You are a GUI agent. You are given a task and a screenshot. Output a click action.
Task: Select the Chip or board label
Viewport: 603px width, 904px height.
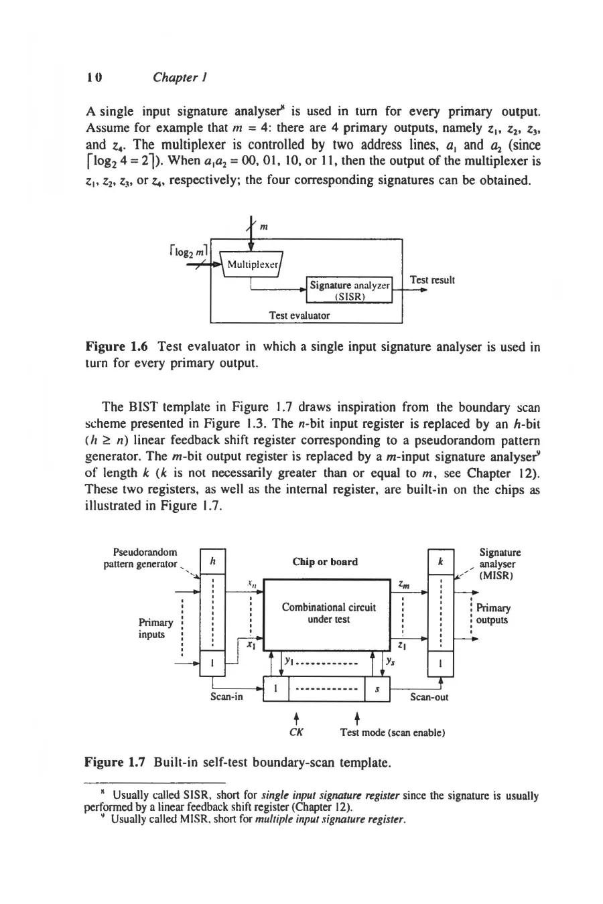[x=325, y=562]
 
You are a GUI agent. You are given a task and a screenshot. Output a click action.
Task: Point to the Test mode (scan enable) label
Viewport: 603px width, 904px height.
[x=393, y=733]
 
